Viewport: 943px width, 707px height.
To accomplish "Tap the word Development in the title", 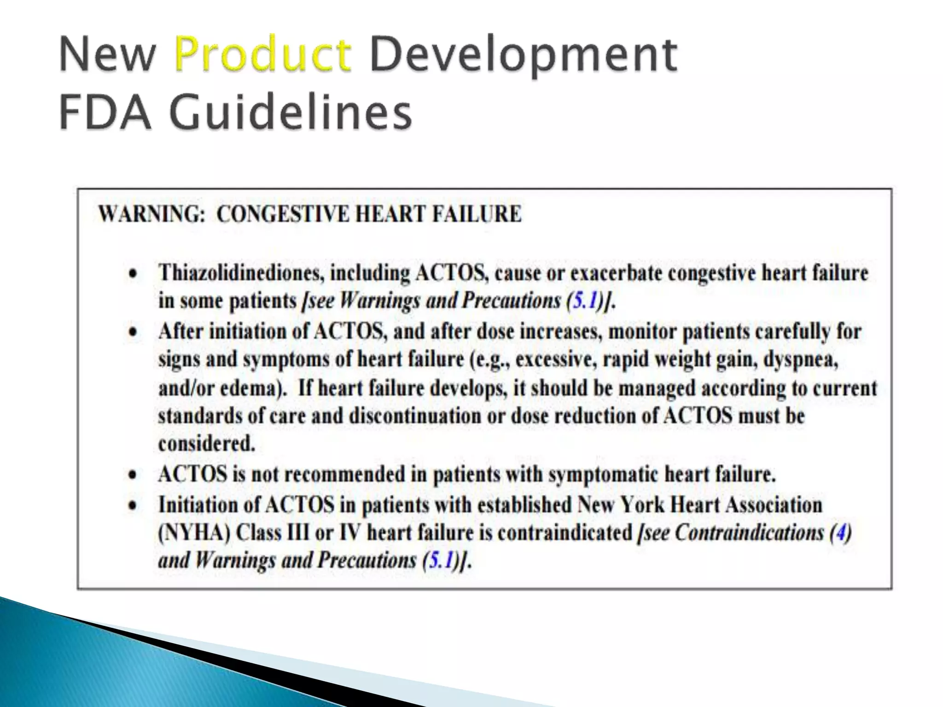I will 523,56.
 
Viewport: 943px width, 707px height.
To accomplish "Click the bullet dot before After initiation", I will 133,332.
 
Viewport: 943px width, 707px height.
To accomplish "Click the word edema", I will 249,388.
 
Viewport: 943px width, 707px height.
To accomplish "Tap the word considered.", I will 206,444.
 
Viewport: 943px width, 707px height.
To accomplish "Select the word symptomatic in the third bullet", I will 604,475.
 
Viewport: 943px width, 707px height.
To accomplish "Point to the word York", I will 642,504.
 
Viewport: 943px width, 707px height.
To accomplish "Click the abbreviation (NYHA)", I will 194,533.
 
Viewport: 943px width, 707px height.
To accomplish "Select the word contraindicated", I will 565,533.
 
